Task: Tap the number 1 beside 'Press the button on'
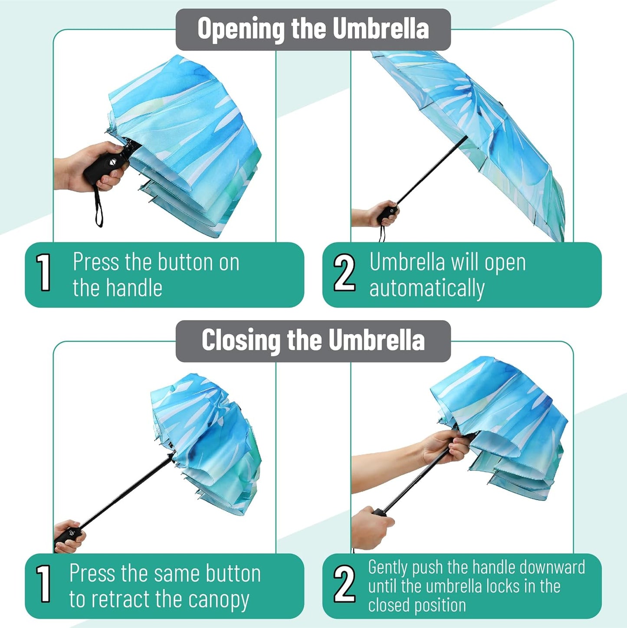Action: [44, 272]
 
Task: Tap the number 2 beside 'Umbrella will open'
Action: [344, 272]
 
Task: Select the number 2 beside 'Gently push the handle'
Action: [344, 584]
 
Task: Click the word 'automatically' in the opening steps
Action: [427, 288]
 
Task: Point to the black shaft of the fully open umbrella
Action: [430, 170]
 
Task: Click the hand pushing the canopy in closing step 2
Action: [447, 447]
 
